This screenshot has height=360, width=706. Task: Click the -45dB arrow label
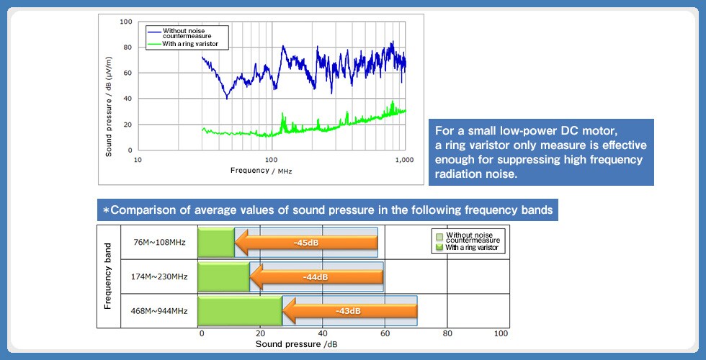(306, 242)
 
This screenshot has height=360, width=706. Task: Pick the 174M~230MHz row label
(159, 276)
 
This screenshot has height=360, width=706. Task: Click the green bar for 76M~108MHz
(216, 243)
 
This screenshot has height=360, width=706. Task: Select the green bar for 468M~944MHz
(239, 311)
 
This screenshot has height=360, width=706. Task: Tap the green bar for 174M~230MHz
(223, 276)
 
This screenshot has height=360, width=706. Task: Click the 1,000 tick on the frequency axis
(404, 159)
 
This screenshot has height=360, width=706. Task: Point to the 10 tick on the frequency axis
(138, 159)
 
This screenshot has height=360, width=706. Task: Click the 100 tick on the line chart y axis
(125, 22)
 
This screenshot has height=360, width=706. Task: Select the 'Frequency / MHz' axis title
(261, 171)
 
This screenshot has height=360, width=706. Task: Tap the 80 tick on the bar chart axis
(447, 333)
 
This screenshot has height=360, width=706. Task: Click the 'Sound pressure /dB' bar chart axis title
(296, 343)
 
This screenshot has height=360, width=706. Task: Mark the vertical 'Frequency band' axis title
(108, 276)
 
